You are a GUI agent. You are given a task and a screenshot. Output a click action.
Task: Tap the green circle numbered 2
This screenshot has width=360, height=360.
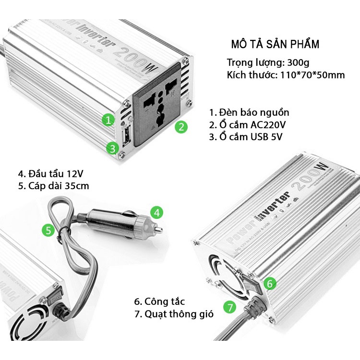tap(180, 127)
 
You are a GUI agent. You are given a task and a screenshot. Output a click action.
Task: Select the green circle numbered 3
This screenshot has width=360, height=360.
tap(112, 148)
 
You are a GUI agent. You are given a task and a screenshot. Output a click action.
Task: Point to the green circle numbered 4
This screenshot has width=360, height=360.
tap(157, 211)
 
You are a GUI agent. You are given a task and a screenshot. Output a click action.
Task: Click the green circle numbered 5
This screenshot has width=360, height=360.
tap(48, 230)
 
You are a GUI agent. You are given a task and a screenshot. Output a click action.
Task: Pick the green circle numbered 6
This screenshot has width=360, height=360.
tap(270, 284)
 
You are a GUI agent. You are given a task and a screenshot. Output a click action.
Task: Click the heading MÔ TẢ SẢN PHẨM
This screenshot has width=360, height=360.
tap(275, 45)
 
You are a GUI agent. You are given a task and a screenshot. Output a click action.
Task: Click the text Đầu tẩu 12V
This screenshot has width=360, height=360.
tap(53, 173)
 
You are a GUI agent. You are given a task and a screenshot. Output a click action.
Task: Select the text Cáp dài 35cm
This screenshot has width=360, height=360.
tap(53, 186)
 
